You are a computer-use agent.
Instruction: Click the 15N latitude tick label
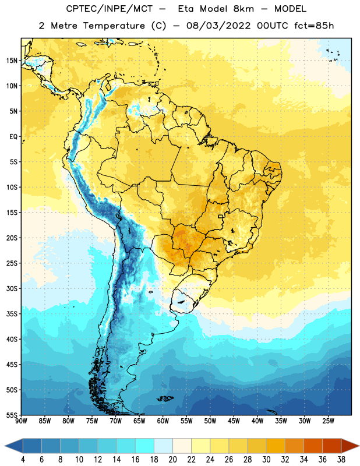(x=12, y=61)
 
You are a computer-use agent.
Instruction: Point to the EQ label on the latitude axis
(x=13, y=137)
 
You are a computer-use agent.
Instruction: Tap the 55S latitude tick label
(x=12, y=415)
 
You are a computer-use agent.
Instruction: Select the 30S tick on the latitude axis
(x=12, y=288)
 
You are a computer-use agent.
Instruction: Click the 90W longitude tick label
(x=21, y=421)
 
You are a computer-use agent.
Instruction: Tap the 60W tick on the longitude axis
(x=163, y=421)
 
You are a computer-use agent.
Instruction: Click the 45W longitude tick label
(x=234, y=421)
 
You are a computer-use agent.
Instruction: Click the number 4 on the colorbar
(x=23, y=460)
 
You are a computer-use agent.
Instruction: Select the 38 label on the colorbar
(x=341, y=460)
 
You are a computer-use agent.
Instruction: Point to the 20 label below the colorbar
(x=172, y=460)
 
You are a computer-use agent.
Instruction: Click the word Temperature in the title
(x=114, y=26)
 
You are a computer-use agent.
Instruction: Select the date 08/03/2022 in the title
(x=218, y=26)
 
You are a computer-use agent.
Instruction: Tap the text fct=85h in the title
(x=314, y=26)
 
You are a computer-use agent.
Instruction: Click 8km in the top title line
(x=243, y=9)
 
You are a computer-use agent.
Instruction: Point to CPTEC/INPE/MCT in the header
(x=110, y=9)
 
